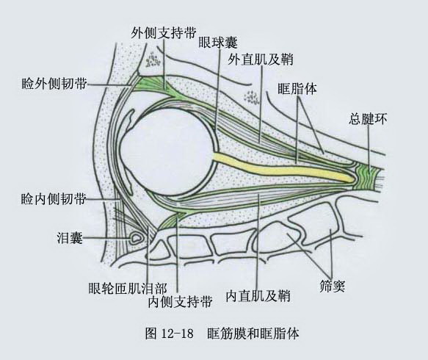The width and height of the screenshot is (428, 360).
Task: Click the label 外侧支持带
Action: [163, 33]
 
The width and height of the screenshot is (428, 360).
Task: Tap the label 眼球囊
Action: [217, 43]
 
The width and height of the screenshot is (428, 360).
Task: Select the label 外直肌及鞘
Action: [261, 59]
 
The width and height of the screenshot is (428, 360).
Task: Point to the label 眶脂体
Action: [297, 89]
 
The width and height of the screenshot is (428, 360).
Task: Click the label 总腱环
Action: [368, 119]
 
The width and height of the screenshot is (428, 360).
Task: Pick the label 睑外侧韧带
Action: [54, 83]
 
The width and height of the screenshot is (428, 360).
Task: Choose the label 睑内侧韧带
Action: [54, 199]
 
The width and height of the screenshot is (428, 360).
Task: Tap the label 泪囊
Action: [70, 238]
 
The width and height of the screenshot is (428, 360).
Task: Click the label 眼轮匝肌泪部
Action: [128, 288]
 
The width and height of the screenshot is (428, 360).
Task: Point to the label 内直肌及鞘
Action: [258, 296]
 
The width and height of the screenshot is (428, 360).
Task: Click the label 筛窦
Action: [332, 286]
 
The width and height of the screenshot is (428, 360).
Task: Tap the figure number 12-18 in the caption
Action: [178, 334]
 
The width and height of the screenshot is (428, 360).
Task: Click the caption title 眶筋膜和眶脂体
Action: [253, 334]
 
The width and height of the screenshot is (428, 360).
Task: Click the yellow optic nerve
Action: [284, 168]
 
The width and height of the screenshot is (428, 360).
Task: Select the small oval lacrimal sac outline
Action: [137, 237]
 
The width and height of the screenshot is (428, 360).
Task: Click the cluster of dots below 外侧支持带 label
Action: [152, 60]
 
